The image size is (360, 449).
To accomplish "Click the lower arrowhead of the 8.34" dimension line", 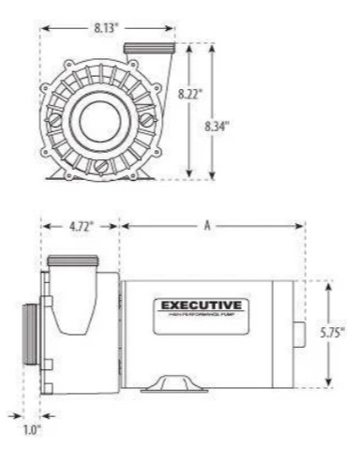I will click(215, 177).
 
